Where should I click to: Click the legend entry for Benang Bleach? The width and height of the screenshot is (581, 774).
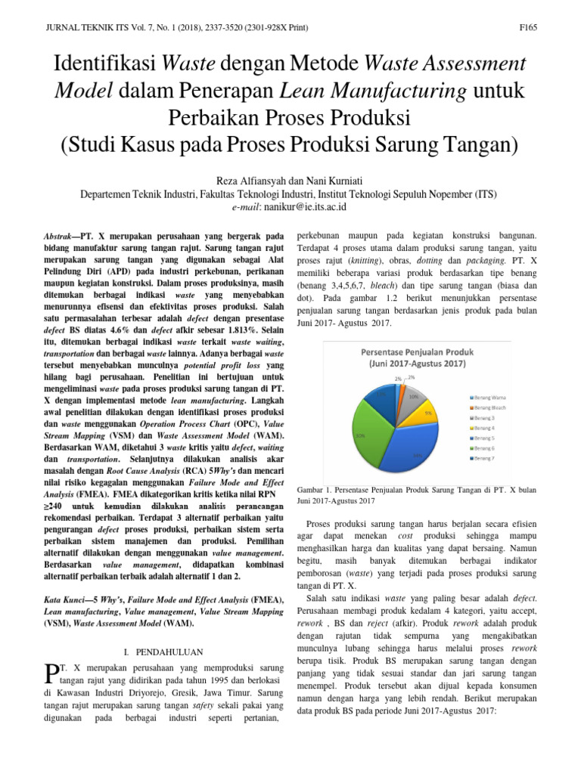491,407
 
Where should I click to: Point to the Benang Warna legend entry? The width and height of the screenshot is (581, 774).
491,397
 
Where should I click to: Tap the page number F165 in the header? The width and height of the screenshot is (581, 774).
527,28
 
